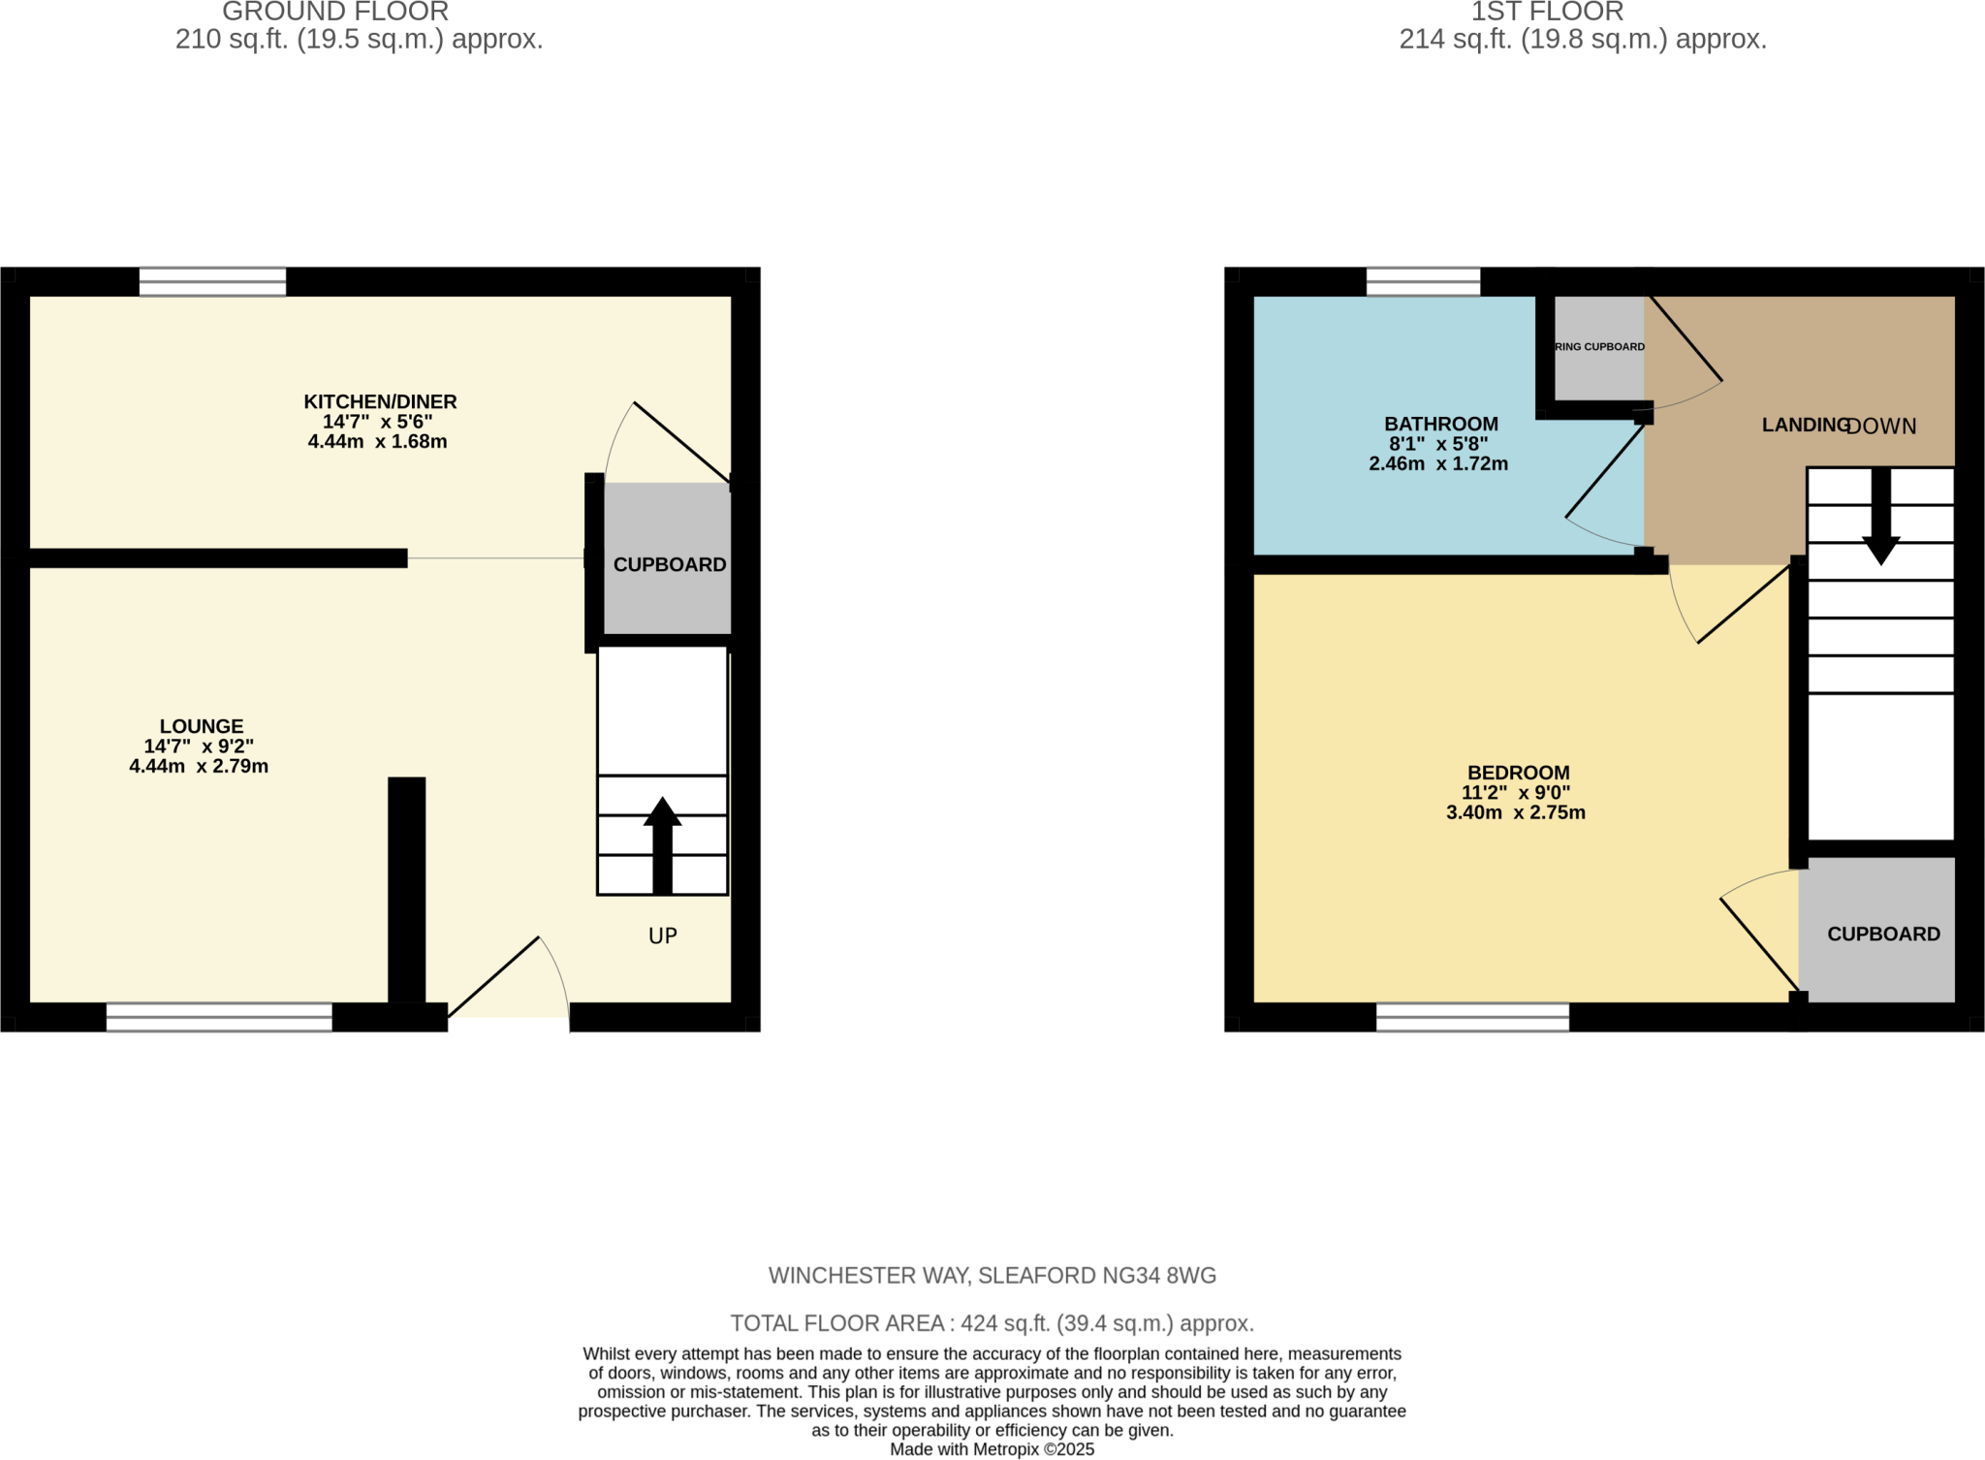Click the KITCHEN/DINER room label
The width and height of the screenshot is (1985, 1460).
coord(380,401)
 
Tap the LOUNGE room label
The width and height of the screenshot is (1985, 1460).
coord(202,726)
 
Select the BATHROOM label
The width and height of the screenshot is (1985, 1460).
coord(1440,424)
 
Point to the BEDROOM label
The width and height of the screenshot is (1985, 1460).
coord(1518,773)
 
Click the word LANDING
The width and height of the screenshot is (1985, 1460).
coord(1804,425)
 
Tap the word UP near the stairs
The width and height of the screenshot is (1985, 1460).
coord(663,936)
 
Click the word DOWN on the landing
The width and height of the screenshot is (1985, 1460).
coord(1881,427)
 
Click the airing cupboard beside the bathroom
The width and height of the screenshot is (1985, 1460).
coord(1599,347)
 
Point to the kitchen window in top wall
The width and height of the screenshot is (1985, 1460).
coord(212,282)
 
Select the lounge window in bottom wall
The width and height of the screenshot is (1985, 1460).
coord(219,1017)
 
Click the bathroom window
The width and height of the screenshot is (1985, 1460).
coord(1423,282)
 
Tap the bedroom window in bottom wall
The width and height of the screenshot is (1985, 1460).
coord(1472,1017)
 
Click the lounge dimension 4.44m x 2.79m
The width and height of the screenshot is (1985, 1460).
coord(199,767)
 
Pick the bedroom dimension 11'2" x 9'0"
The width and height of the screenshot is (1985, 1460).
coord(1516,793)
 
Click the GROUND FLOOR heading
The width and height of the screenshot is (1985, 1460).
coord(335,13)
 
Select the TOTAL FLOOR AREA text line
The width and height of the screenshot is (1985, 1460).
coord(992,1323)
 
